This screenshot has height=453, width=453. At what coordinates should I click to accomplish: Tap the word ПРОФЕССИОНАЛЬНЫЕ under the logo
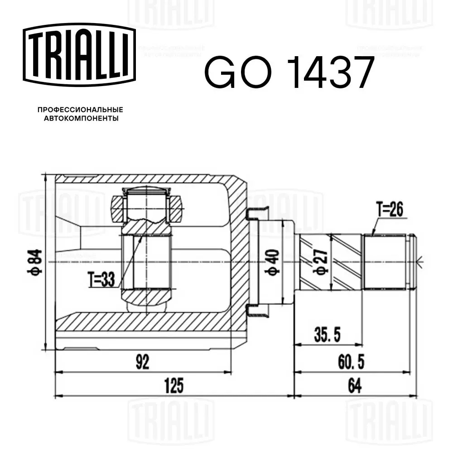[80, 110]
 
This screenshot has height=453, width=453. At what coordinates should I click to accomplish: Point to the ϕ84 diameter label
[36, 262]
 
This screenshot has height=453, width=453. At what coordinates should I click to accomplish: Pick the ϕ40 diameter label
[273, 262]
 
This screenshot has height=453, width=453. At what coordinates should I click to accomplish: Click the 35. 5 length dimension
[328, 336]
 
